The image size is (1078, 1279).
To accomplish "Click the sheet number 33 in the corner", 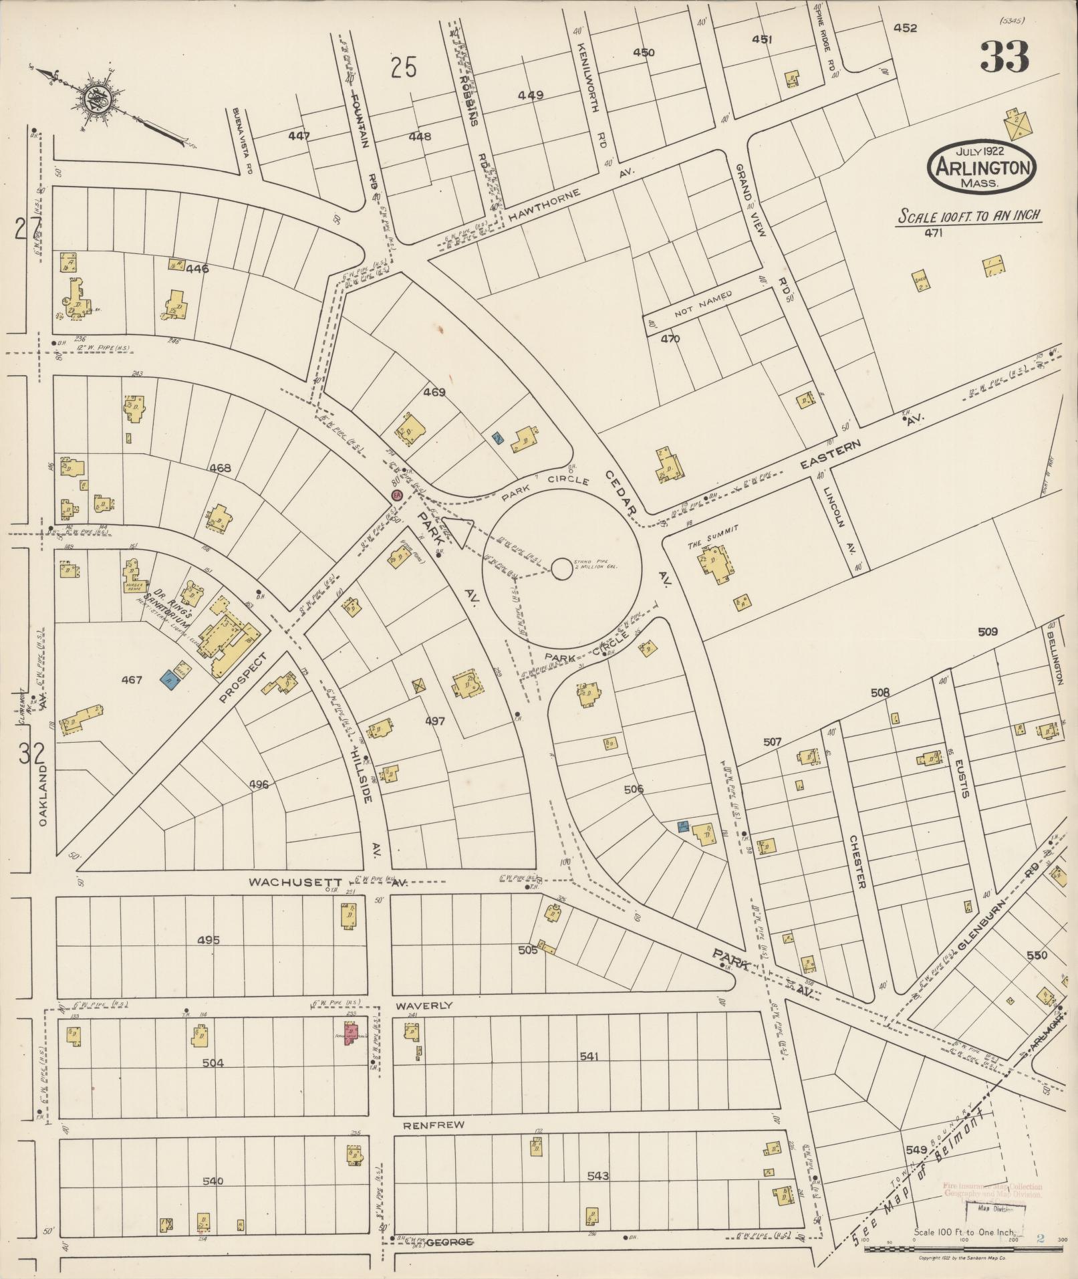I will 1004,57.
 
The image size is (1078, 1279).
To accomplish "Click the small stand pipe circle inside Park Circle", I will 561,569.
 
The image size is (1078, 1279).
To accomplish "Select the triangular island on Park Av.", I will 458,532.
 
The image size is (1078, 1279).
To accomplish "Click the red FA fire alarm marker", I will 396,495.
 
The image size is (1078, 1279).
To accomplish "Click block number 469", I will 434,392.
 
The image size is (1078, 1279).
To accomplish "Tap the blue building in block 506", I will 684,826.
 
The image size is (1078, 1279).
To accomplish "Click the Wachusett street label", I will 295,883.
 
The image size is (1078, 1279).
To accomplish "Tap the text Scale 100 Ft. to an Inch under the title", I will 970,216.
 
